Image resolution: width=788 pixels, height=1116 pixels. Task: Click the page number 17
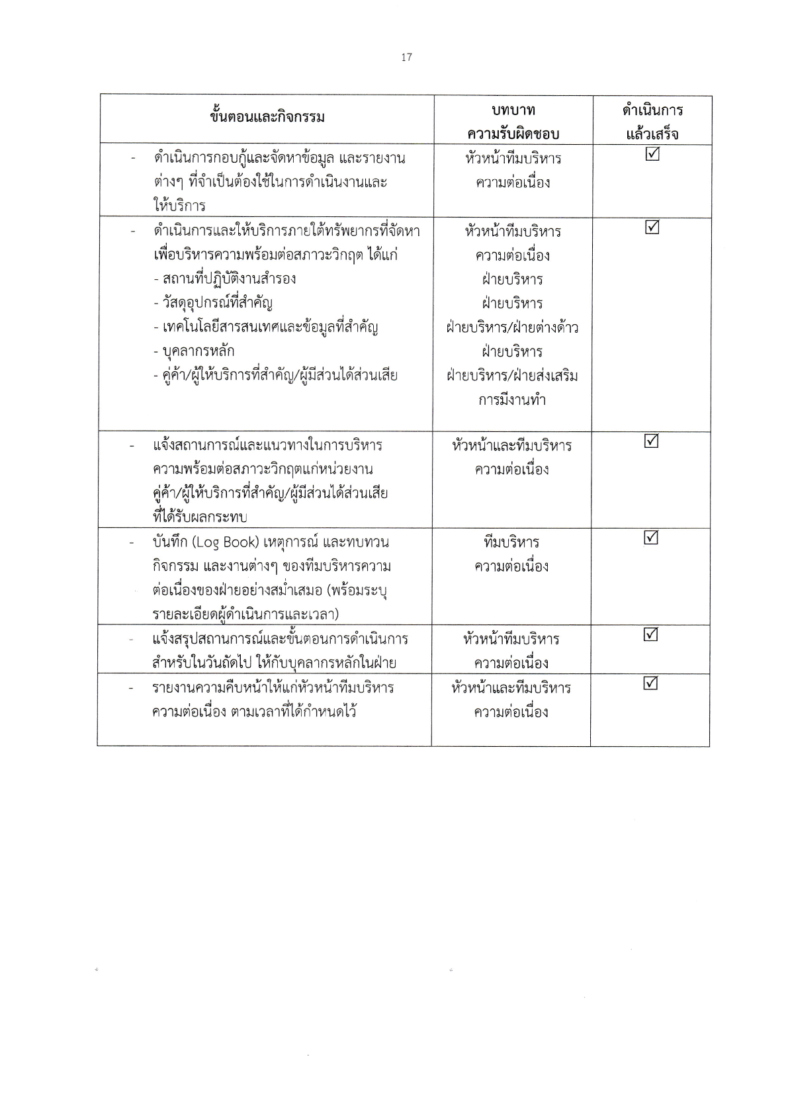[x=406, y=58]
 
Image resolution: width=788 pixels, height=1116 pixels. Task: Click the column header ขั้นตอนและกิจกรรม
[x=267, y=118]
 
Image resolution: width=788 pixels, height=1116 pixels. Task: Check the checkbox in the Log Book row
[x=651, y=538]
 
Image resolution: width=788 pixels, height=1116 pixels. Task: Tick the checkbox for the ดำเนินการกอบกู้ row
[x=652, y=154]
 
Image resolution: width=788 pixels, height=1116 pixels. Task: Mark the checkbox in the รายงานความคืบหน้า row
[x=651, y=683]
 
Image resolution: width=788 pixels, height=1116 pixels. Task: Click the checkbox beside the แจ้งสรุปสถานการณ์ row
[x=651, y=634]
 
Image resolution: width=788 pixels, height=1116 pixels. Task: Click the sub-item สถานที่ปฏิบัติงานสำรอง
[x=224, y=279]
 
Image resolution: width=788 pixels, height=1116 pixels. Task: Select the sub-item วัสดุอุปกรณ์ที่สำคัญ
[x=212, y=303]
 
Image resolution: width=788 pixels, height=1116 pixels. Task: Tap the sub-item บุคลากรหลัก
[x=194, y=351]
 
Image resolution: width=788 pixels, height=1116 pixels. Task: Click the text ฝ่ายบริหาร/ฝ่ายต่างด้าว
[x=512, y=327]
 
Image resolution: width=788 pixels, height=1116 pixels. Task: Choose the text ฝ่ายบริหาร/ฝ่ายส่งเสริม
[x=512, y=376]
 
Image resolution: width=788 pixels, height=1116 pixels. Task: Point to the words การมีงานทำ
[x=512, y=400]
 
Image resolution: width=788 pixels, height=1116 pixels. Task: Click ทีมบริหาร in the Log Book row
[x=511, y=542]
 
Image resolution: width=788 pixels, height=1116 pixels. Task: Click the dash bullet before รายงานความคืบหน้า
[x=133, y=689]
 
